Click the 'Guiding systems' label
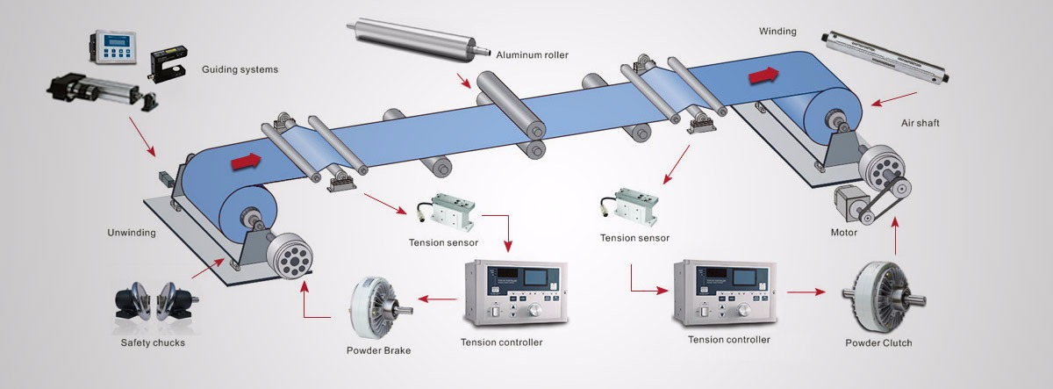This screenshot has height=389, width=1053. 240,69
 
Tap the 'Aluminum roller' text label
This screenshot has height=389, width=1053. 532,54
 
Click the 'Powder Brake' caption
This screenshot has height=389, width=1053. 378,350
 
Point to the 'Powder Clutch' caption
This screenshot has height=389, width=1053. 877,343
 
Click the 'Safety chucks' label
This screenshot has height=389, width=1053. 153,342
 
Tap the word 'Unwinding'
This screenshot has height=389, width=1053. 131,233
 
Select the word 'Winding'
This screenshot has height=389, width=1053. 777,32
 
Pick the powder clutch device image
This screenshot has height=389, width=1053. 877,299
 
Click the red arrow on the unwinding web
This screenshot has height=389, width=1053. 247,161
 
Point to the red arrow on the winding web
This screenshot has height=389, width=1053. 763,76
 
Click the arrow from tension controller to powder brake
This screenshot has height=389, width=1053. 435,299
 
